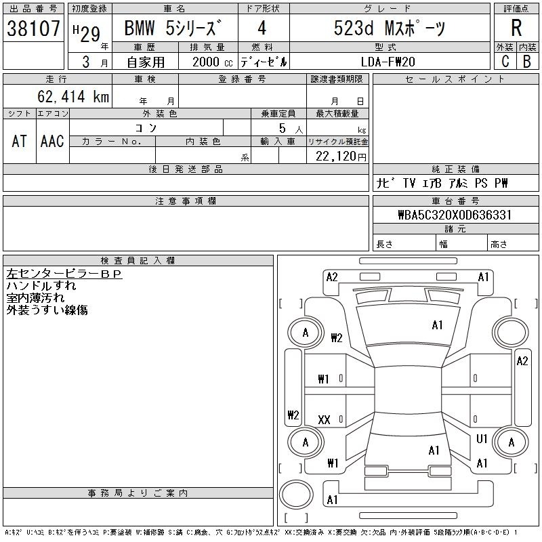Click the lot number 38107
pos(33,28)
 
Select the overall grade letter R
pos(516,28)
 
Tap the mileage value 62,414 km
pos(73,96)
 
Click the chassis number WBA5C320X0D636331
pos(455,215)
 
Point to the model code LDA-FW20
pos(388,62)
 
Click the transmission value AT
pos(20,141)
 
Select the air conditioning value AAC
pos(52,141)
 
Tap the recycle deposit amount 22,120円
pos(341,157)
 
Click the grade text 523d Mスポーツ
pos(389,28)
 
